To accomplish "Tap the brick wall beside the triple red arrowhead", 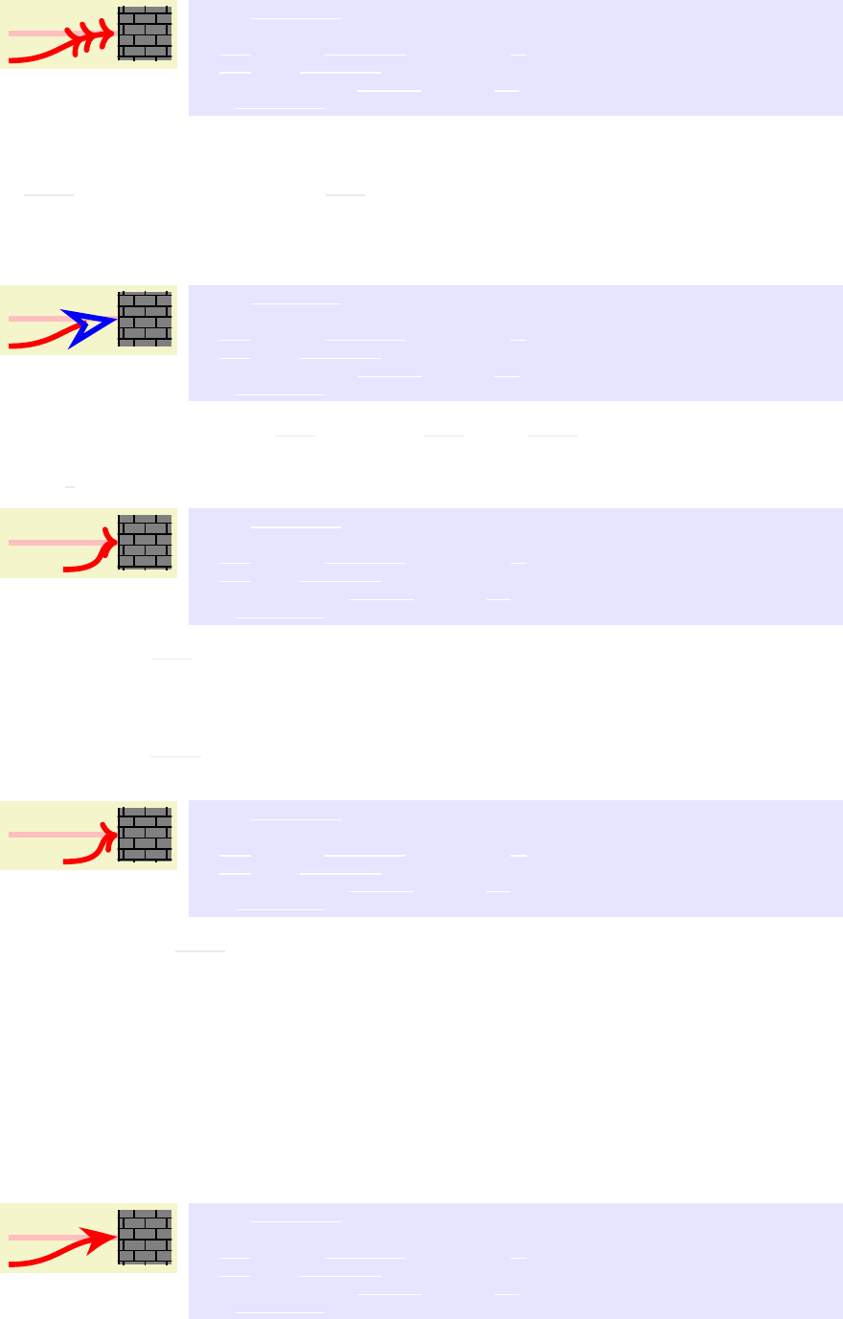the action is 145,34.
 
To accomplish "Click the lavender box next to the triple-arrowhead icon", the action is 515,57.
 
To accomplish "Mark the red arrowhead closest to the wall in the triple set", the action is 106,34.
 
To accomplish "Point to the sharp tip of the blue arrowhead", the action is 114,319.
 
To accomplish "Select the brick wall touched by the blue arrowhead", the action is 145,319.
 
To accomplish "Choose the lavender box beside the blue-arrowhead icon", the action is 515,343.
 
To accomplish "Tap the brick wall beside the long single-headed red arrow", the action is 145,1237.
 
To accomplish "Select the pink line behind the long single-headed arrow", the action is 38,1237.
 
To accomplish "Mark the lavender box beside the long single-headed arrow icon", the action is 515,1261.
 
